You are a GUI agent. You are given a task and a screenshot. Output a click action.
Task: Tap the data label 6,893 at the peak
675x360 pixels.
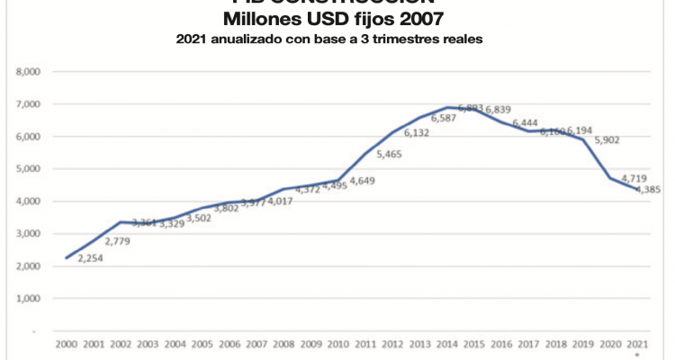[x=471, y=108]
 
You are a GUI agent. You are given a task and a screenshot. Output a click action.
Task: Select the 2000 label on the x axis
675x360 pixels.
[x=66, y=345]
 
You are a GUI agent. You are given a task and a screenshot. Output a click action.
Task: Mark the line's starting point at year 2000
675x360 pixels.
[x=66, y=257]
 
